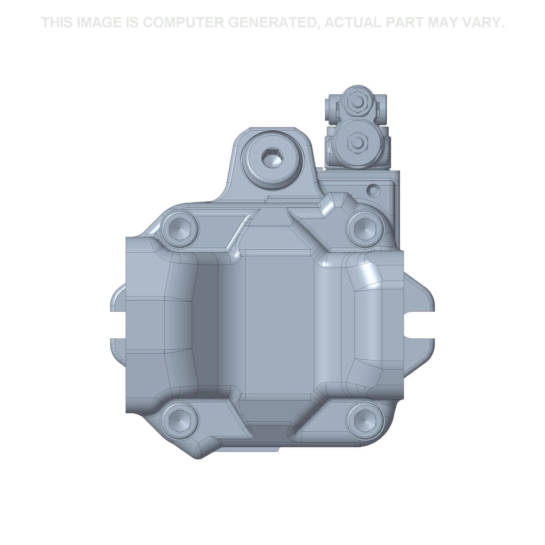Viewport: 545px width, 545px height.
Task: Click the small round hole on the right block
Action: click(374, 190)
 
